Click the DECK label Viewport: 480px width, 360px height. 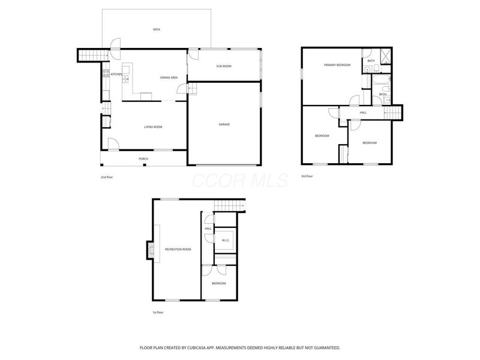point(157,29)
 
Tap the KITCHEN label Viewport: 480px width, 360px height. point(116,74)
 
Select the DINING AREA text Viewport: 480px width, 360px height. point(169,77)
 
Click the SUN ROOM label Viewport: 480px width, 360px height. point(224,66)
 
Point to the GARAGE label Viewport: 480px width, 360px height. point(224,124)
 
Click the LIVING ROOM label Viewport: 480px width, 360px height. point(153,127)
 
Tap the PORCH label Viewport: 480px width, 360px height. point(143,159)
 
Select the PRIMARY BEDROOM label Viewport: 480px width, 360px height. point(337,64)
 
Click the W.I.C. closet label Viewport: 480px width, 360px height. point(226,241)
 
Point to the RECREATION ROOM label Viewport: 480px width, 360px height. point(178,249)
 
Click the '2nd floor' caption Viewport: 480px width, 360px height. point(107,178)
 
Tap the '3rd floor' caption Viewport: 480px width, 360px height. point(307,176)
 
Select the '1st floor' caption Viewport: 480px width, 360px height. point(157,313)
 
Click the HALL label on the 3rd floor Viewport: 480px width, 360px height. point(363,112)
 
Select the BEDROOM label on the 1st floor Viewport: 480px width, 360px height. point(218,283)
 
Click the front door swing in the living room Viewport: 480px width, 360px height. point(112,144)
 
